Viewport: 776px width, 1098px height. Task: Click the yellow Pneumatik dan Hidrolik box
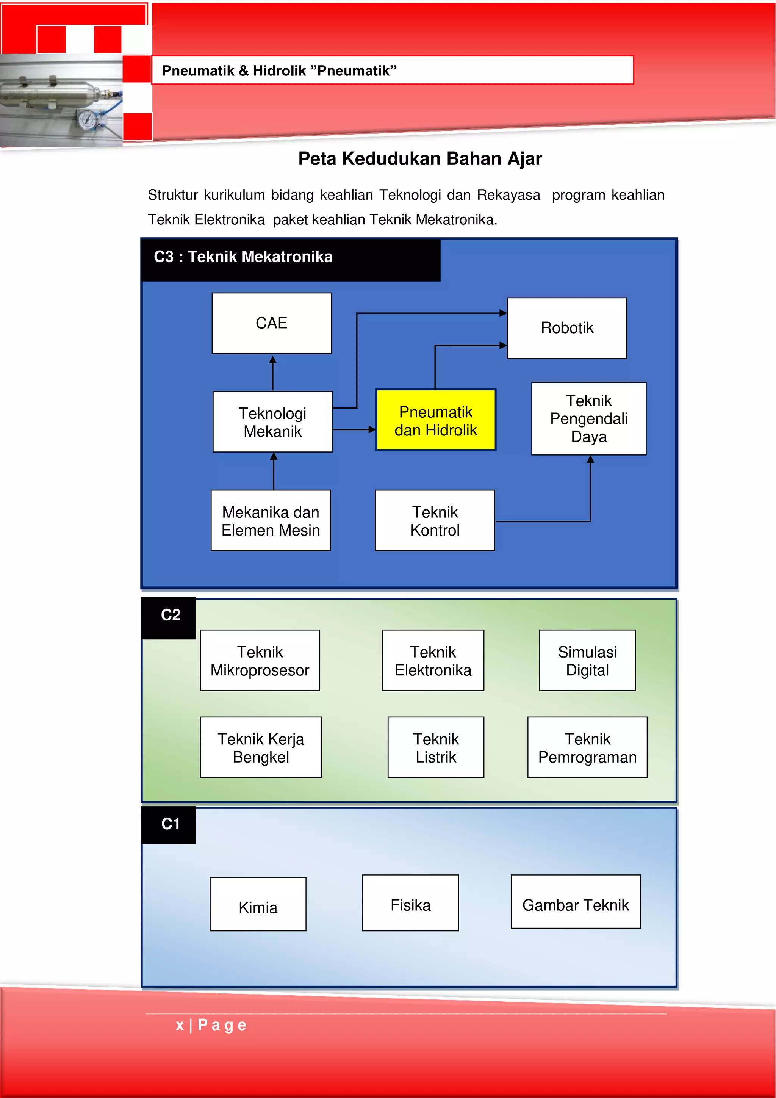(x=436, y=420)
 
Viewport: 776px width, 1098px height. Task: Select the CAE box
(x=272, y=323)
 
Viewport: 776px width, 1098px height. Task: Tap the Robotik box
(x=566, y=328)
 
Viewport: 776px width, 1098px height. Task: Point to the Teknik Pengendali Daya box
(x=588, y=418)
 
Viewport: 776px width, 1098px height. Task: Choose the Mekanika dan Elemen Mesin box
(x=271, y=520)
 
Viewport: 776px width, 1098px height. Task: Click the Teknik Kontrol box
(x=435, y=520)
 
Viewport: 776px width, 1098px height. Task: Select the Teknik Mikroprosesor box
(x=260, y=660)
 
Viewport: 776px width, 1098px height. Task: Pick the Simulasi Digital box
(x=587, y=660)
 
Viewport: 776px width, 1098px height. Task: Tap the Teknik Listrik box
(x=436, y=747)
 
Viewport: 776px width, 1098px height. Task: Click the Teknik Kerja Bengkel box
(x=261, y=747)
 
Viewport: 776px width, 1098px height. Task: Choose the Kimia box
(x=258, y=904)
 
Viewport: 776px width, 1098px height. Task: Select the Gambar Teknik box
(x=575, y=902)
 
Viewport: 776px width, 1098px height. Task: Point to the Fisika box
(x=410, y=903)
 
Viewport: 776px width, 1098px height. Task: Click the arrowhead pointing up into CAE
(x=272, y=360)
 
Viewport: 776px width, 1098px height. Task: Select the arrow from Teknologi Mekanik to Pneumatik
(x=354, y=429)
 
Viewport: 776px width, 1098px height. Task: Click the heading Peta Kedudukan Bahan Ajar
(x=420, y=159)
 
